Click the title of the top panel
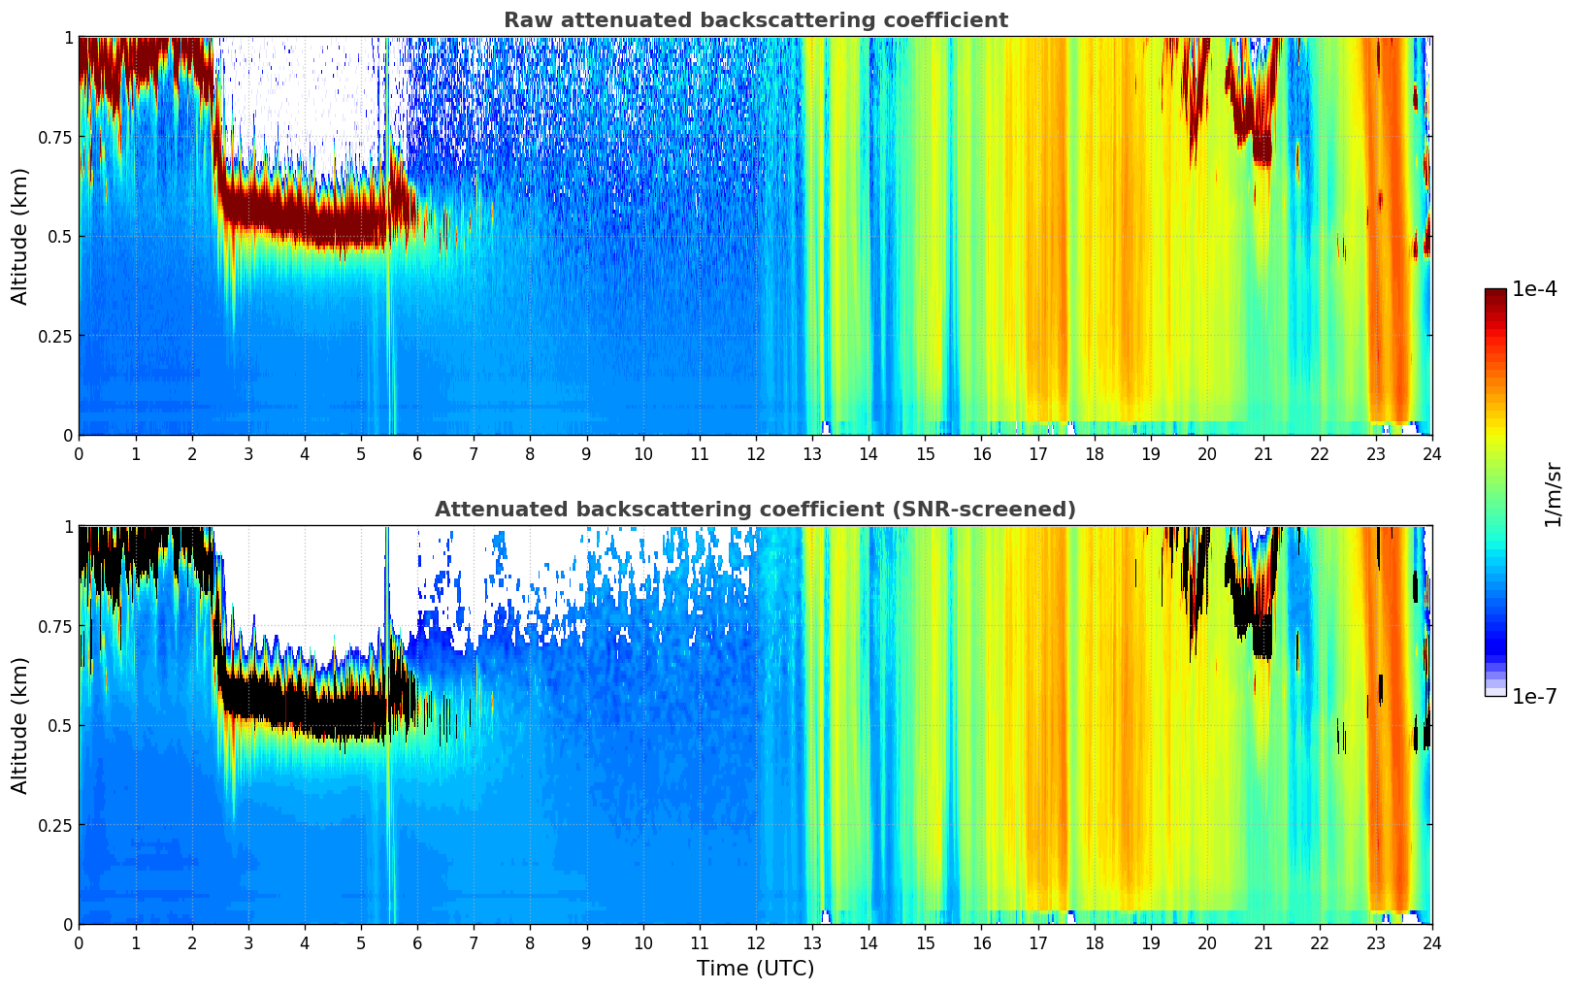755,20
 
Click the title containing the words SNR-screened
755,510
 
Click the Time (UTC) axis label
755,969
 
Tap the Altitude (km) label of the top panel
20,236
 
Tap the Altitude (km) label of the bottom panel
20,725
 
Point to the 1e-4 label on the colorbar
1533,290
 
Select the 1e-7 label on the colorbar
1533,696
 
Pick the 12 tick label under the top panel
755,453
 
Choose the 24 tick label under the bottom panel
1431,942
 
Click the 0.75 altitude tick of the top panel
54,137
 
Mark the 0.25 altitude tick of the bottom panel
54,825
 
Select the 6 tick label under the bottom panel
417,942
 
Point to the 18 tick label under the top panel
1094,453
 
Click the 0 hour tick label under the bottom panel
79,942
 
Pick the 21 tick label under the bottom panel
1262,942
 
